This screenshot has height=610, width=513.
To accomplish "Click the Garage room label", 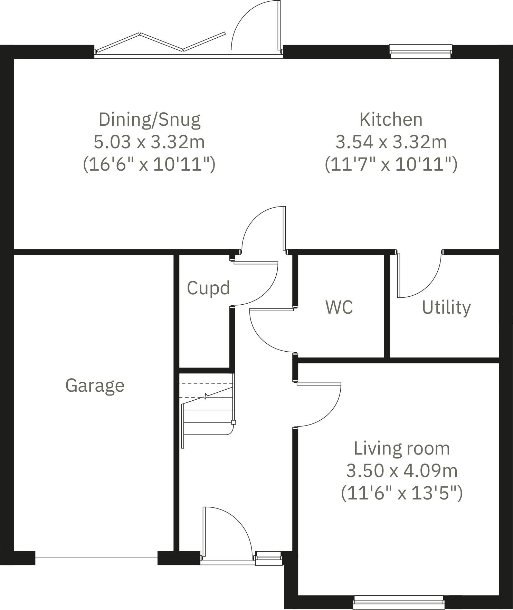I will [x=95, y=385].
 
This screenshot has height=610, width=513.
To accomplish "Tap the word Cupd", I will [x=208, y=288].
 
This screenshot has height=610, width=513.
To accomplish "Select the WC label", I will [x=339, y=307].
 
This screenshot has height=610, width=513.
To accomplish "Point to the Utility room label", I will [x=446, y=307].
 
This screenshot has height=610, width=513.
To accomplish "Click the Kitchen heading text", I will [x=391, y=120].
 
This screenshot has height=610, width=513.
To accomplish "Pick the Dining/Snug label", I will [x=149, y=120].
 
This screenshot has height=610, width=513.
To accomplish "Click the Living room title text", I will [x=402, y=448].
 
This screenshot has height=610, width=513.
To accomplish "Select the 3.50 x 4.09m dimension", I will [x=402, y=470].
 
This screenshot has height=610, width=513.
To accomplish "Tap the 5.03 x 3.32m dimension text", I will [x=149, y=142].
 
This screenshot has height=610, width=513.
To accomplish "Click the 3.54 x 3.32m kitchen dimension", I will [x=391, y=142].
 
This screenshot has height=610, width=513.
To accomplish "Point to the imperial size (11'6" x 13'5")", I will [x=402, y=493].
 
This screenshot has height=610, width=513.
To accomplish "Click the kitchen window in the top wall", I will [x=420, y=51].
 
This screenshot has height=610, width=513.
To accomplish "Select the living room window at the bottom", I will [x=399, y=602].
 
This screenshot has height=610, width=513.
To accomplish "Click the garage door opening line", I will [x=96, y=558].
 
